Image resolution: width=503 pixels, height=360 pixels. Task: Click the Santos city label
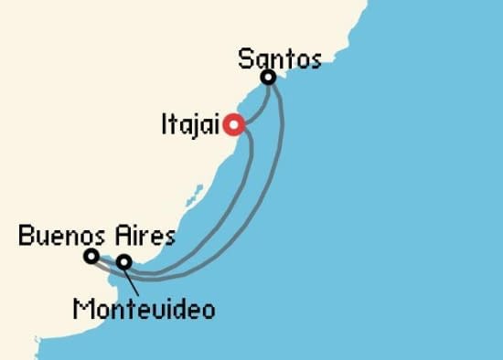[279, 60]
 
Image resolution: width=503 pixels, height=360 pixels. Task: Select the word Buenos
[61, 238]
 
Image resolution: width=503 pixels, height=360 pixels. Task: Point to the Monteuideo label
[144, 310]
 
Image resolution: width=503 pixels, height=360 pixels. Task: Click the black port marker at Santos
[269, 79]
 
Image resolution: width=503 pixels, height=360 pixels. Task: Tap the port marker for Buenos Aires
[91, 257]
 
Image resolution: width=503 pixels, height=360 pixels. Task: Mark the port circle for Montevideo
[123, 263]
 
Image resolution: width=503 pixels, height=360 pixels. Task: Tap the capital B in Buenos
[26, 238]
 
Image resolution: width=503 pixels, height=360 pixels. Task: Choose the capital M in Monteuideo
[83, 310]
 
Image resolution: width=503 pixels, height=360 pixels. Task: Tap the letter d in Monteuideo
[181, 310]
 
